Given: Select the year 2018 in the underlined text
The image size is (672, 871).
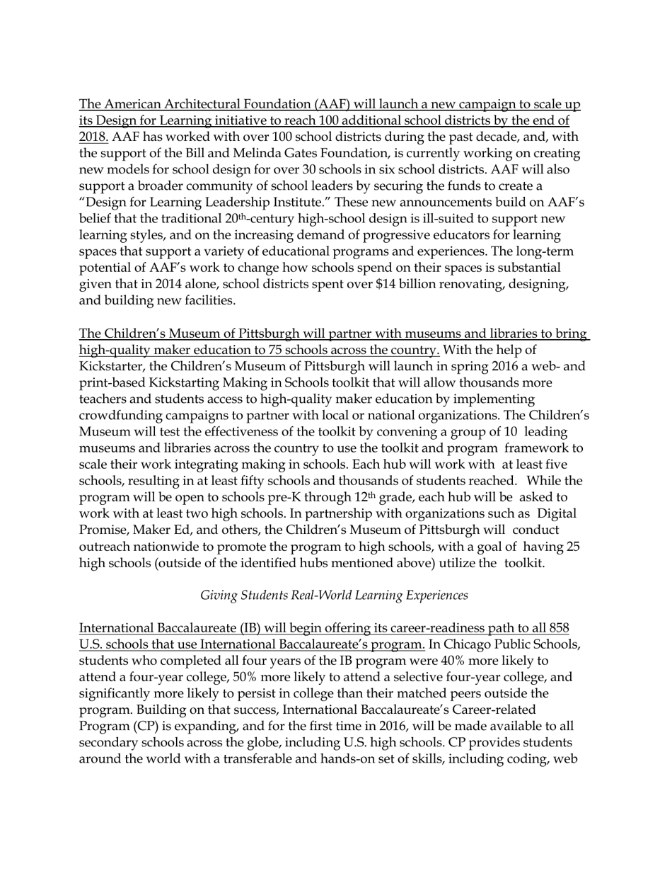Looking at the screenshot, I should coord(93,137).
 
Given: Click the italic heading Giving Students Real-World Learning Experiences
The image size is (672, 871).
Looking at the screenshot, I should coord(334,596).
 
